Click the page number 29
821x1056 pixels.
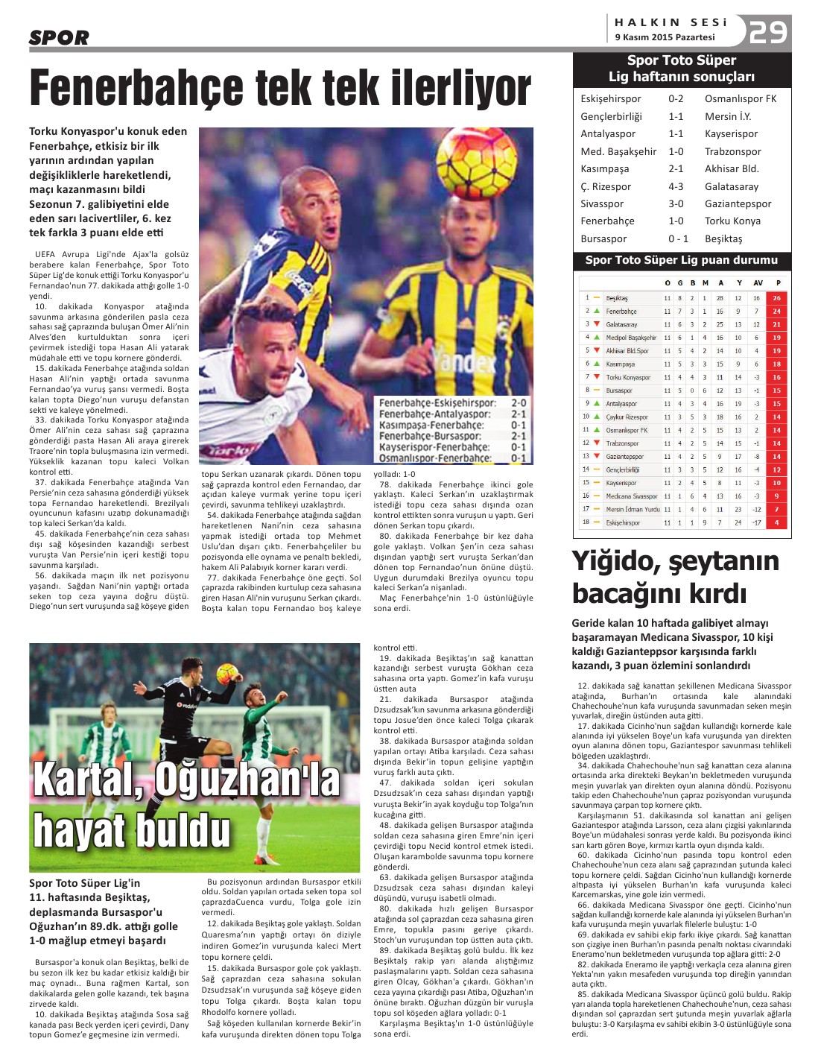pos(769,31)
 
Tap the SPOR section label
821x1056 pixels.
pos(59,37)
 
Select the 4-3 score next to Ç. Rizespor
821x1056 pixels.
pos(675,186)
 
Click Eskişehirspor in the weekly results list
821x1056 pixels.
pos(610,99)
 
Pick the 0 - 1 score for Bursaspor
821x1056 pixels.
pos(678,238)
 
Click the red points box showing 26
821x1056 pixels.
pos(776,298)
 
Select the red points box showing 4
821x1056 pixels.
pos(776,522)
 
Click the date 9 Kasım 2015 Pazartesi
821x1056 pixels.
pos(665,37)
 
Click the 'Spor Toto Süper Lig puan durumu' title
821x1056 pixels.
pos(681,260)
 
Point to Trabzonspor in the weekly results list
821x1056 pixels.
pos(732,151)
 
